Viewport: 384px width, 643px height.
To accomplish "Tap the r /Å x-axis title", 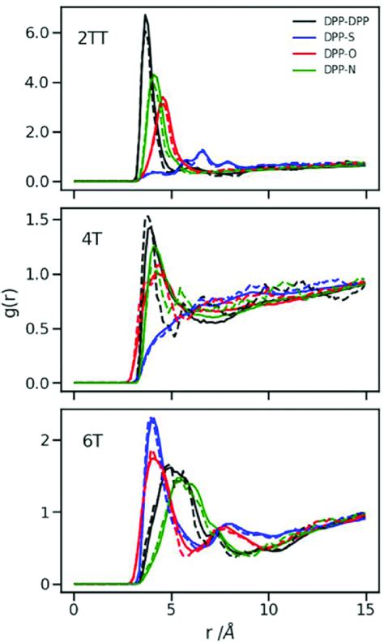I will (x=220, y=629).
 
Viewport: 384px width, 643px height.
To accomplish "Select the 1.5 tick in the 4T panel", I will (x=41, y=220).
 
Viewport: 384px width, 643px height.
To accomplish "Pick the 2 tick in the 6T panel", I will (x=47, y=440).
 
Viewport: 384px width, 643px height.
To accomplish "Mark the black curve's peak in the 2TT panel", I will (x=145, y=15).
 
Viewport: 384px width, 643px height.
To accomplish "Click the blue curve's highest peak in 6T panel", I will (x=151, y=418).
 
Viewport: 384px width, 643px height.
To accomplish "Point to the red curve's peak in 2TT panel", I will (x=164, y=98).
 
